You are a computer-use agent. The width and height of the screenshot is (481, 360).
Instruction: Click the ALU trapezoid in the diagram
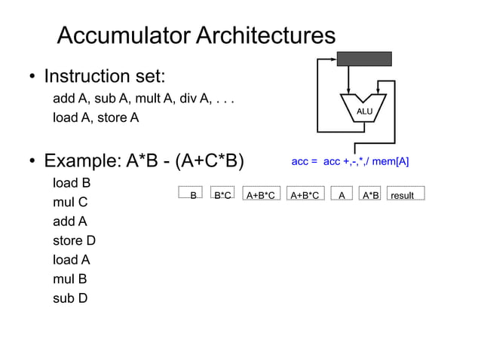click(x=364, y=109)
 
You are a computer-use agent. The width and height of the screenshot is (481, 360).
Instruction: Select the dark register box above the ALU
click(x=364, y=59)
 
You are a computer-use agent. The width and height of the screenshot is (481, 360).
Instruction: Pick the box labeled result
click(x=406, y=195)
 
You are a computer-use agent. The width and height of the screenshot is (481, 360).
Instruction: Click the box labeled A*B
click(x=370, y=195)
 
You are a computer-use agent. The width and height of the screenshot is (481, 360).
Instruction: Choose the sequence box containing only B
click(x=191, y=195)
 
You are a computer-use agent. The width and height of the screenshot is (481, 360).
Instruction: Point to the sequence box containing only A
click(x=342, y=195)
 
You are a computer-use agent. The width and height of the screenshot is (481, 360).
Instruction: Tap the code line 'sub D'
click(x=70, y=298)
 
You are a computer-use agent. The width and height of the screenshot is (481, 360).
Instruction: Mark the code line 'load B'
click(x=72, y=183)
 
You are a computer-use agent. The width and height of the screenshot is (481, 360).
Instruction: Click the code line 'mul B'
click(x=70, y=279)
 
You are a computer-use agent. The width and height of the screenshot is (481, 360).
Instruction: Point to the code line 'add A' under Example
click(x=70, y=221)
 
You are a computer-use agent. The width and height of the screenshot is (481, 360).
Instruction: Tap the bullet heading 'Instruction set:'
click(x=104, y=77)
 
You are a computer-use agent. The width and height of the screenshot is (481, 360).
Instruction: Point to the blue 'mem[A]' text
click(x=389, y=161)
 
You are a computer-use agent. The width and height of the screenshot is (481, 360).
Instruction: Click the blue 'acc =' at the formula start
click(x=304, y=161)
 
